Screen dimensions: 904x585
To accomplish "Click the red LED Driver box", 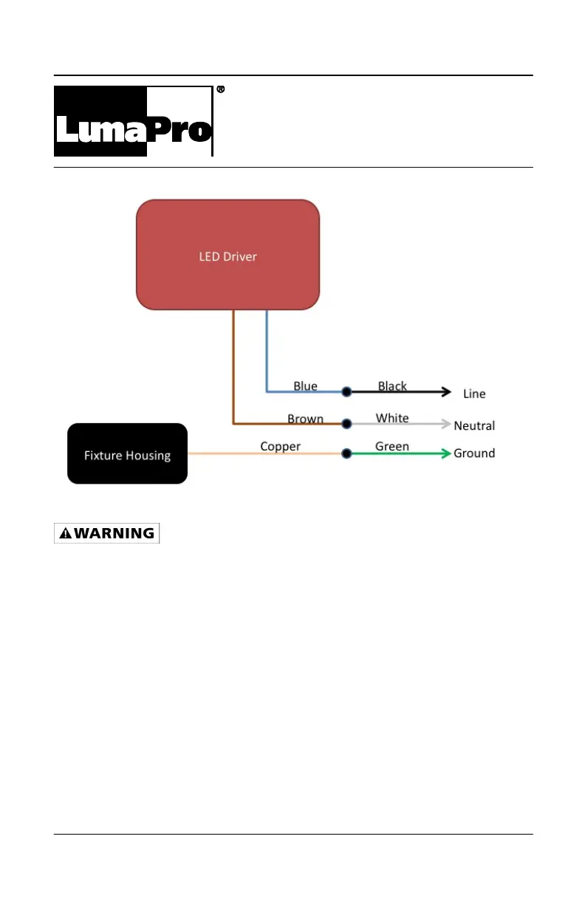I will tap(227, 255).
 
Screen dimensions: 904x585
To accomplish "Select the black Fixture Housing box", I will tap(127, 453).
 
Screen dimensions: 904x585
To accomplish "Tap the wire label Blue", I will tap(305, 386).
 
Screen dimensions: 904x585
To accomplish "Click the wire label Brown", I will tap(305, 419).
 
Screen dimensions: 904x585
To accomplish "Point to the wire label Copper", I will tap(280, 446).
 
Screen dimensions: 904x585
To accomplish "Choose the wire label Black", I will tap(392, 386).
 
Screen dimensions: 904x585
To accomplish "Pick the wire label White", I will tap(391, 418).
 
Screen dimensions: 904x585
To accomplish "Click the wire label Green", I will tap(391, 446).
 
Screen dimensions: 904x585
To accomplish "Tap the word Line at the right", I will tap(474, 394).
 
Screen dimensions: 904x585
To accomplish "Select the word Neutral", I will tap(474, 425).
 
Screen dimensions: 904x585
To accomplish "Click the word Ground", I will tap(474, 453).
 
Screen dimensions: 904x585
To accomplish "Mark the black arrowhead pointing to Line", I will tap(445, 391).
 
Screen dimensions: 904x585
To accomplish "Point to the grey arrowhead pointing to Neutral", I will tap(445, 424).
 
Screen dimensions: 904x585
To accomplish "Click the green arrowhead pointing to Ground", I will tap(445, 453).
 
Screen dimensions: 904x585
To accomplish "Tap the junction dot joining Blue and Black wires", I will tap(346, 391).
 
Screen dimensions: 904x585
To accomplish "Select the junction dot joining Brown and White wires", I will tap(346, 424).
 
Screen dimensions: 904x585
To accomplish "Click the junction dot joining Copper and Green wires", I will tap(346, 453).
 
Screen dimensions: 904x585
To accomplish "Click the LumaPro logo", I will tap(133, 122).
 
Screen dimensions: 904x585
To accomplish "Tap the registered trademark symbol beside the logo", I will tap(220, 89).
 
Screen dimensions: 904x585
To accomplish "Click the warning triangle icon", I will tap(66, 533).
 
